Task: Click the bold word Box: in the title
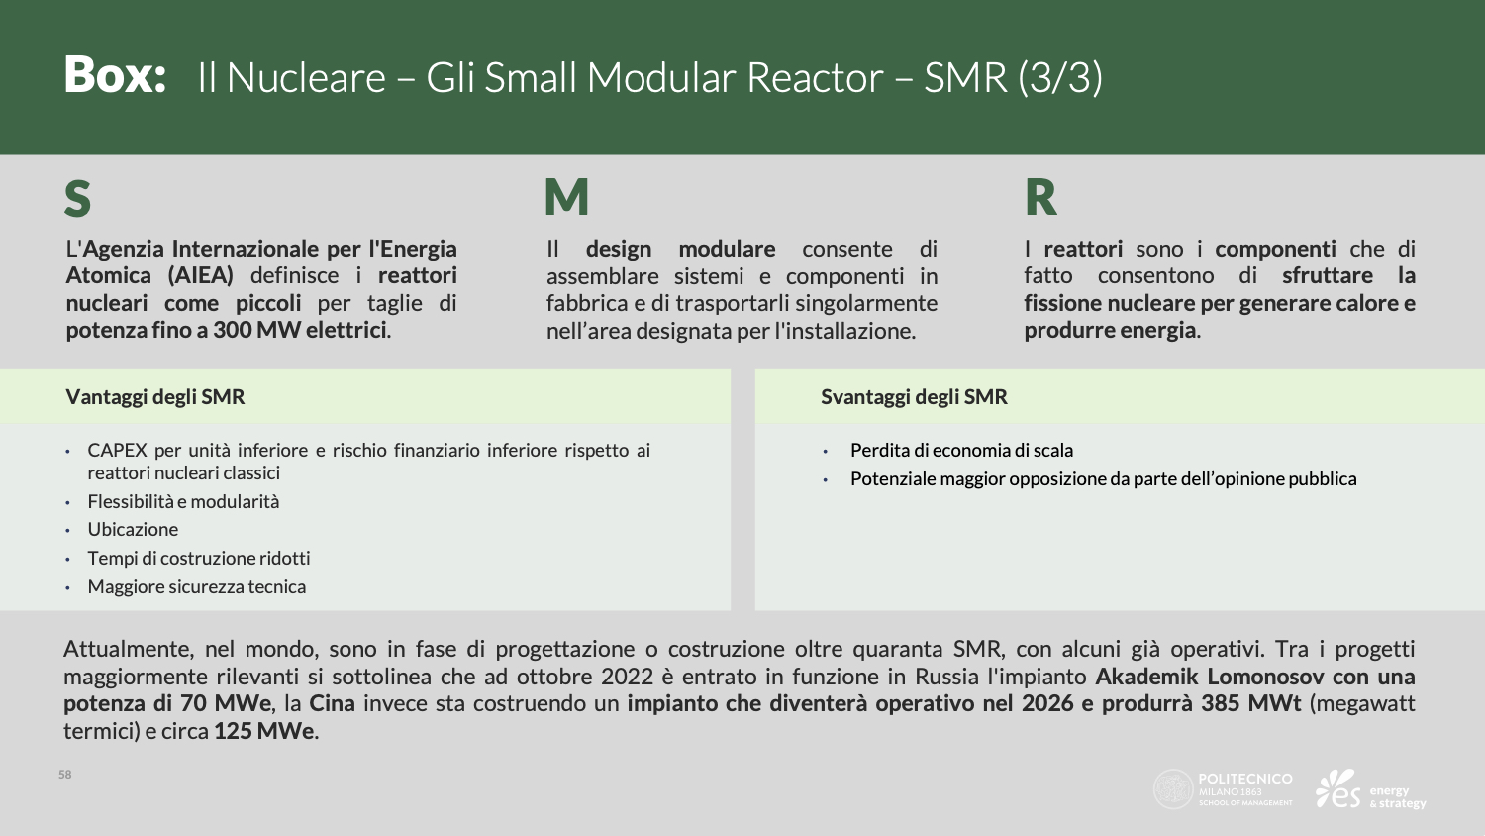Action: click(x=115, y=75)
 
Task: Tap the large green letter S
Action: click(x=77, y=198)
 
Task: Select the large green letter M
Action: click(x=566, y=197)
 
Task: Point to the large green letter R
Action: click(x=1040, y=198)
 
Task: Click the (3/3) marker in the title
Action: click(x=1060, y=77)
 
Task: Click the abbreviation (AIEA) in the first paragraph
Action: click(x=200, y=275)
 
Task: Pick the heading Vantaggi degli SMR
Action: click(x=155, y=397)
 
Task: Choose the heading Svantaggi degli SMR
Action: click(x=914, y=397)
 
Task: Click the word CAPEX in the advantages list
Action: click(x=117, y=450)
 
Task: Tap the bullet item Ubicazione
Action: click(x=133, y=530)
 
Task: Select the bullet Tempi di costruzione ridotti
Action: click(x=199, y=558)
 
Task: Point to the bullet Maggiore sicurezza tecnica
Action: click(x=197, y=586)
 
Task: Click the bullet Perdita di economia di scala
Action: click(x=961, y=450)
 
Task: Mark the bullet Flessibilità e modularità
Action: click(x=183, y=501)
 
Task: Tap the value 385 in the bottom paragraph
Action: click(x=1221, y=703)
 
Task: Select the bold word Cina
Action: click(x=332, y=703)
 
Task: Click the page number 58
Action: click(x=65, y=775)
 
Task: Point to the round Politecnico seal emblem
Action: click(x=1173, y=789)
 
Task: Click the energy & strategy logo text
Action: click(x=1398, y=796)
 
